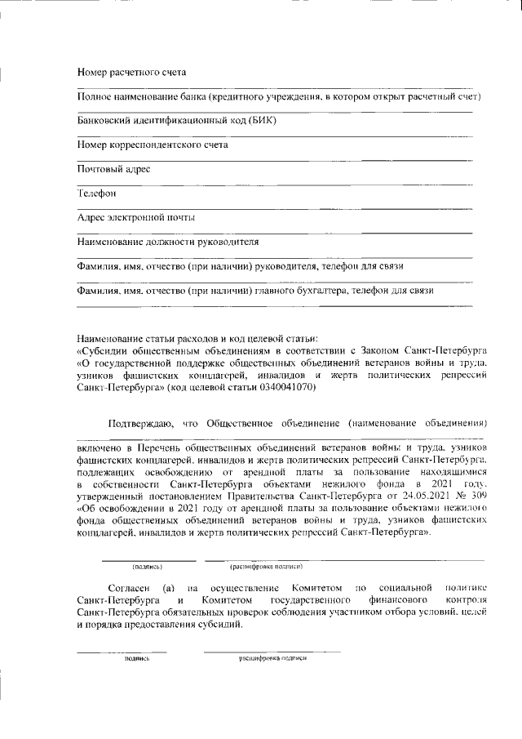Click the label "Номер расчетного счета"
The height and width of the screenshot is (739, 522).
pos(131,73)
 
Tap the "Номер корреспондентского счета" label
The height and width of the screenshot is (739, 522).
pos(152,145)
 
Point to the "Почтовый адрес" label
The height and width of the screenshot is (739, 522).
pos(113,169)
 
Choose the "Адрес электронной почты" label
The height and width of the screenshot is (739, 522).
pos(135,218)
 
